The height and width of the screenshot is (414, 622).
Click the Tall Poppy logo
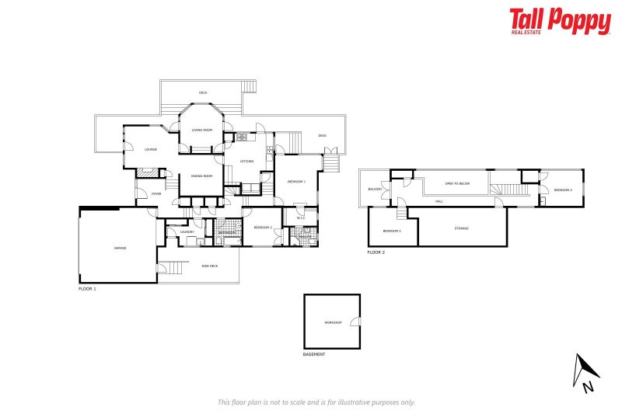tap(560, 21)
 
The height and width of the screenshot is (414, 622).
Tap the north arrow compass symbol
tap(582, 371)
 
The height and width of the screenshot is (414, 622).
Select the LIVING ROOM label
tap(202, 130)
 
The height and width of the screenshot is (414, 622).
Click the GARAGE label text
tap(121, 248)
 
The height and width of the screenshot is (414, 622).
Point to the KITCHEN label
tap(247, 162)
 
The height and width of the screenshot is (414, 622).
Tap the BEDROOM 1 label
tap(296, 181)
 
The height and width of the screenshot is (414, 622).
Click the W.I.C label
tap(300, 217)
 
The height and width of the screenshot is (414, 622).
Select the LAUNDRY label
tap(187, 231)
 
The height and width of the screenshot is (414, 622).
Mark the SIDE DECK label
tap(210, 266)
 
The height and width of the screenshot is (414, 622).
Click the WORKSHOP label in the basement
tap(333, 322)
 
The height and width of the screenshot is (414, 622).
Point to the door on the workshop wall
tap(356, 322)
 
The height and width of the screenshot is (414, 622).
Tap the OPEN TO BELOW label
tap(457, 183)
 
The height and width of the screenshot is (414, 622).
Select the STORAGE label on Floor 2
tap(462, 228)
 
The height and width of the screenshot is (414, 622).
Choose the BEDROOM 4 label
tap(563, 190)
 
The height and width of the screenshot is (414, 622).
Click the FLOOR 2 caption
tap(376, 252)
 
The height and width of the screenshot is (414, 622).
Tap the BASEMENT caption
tap(314, 354)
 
